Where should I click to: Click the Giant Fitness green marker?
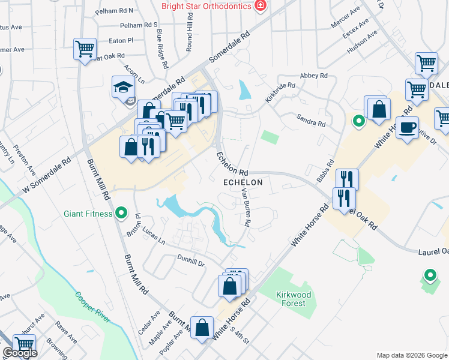[121, 212]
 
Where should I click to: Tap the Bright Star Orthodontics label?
[206, 6]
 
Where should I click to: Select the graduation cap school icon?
[123, 87]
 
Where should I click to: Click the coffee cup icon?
[408, 128]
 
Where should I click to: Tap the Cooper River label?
[93, 307]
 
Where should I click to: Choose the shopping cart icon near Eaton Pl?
[85, 49]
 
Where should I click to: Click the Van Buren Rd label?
[247, 208]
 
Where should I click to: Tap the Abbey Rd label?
[314, 76]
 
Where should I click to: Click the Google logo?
[20, 353]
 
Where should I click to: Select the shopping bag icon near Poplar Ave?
[202, 327]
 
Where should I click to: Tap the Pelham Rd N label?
[118, 11]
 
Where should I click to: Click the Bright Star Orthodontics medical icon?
[260, 6]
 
